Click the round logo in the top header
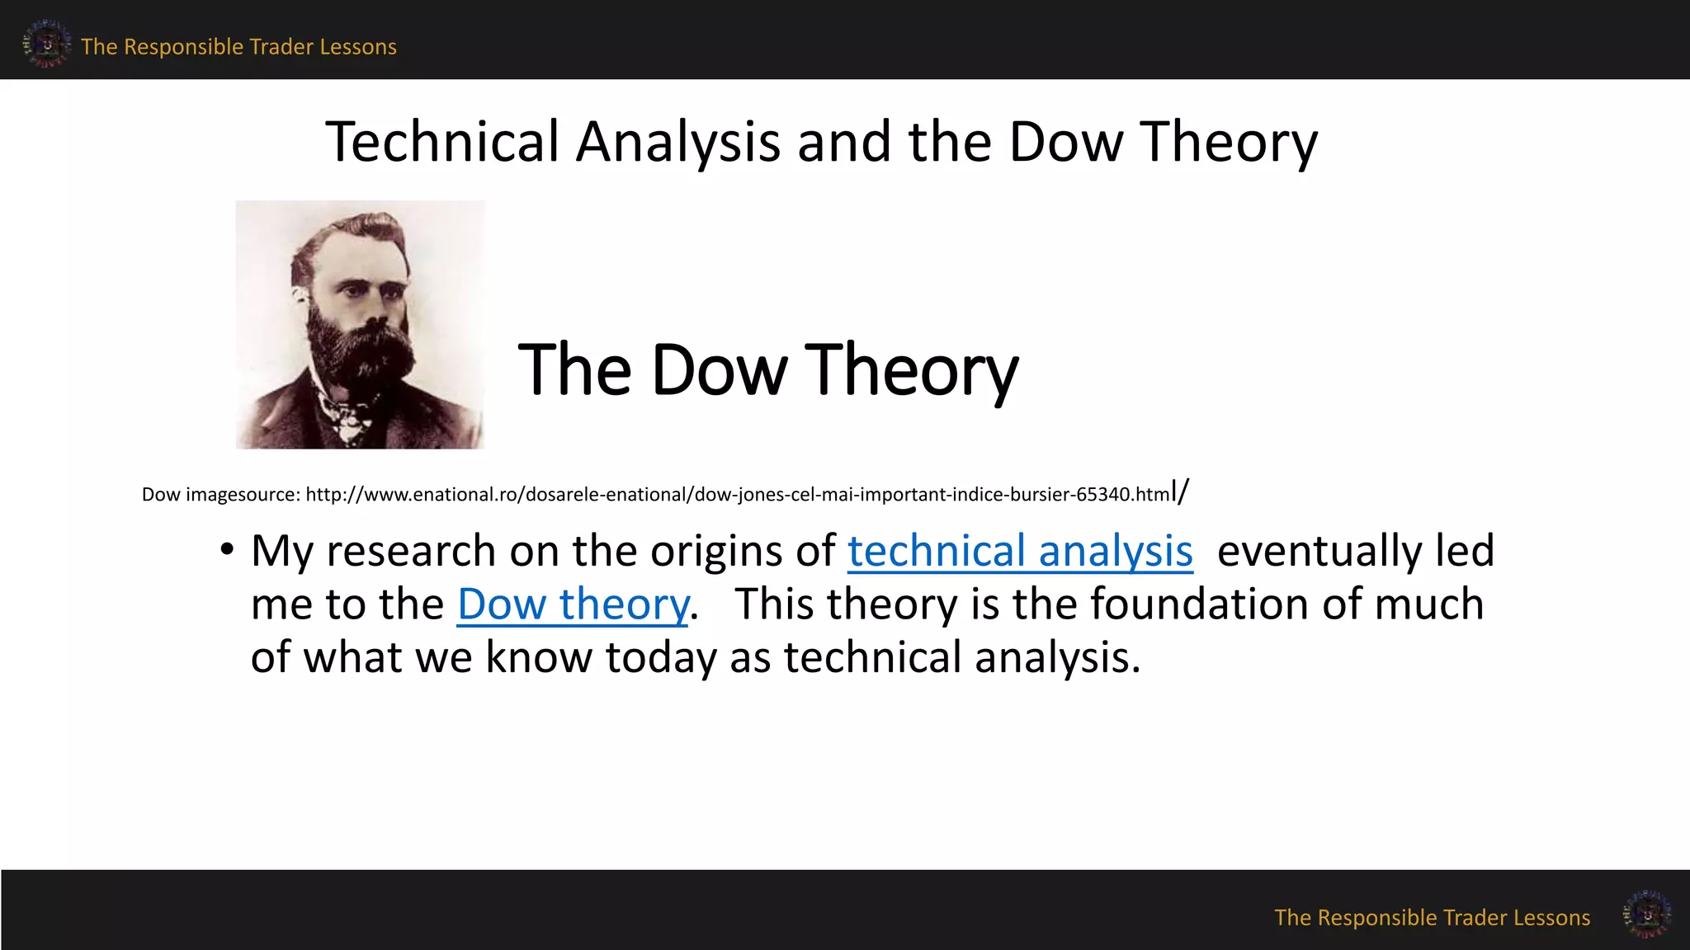(x=46, y=43)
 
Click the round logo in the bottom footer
(x=1646, y=914)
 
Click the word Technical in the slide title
(x=442, y=142)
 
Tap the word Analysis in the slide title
(x=677, y=142)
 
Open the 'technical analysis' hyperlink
(x=1020, y=552)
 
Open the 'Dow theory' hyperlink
(x=573, y=604)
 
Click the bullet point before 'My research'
(x=227, y=550)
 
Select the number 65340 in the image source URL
(x=1103, y=495)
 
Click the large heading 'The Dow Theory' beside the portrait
(x=767, y=370)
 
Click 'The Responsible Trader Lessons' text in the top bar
(x=238, y=47)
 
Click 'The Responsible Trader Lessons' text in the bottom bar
(x=1432, y=918)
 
